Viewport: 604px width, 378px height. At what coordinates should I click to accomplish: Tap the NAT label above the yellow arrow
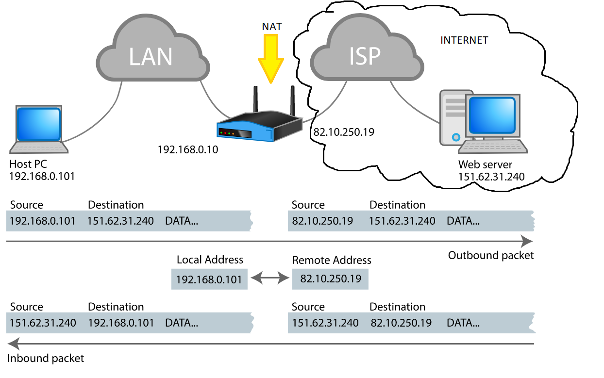coord(272,27)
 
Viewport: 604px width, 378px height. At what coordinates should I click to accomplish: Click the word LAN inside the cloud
coord(151,57)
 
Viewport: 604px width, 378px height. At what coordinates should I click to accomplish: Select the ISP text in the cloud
coord(365,56)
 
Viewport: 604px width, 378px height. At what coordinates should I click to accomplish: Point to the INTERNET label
coord(464,40)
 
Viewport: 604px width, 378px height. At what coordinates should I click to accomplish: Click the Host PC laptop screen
coord(38,124)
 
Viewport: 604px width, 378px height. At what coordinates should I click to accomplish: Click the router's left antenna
coord(255,99)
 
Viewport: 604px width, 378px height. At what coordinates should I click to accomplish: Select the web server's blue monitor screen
coord(492,115)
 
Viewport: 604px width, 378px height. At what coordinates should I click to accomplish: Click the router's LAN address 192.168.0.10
coord(188,150)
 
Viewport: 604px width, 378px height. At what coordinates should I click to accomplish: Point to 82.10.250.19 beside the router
coord(344,132)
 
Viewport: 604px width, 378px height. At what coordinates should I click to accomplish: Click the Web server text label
coord(485,164)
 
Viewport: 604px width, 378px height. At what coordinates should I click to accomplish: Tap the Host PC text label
coord(28,164)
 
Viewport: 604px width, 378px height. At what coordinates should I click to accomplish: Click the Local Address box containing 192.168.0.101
coord(209,279)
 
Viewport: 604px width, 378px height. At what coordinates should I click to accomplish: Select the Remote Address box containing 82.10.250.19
coord(330,279)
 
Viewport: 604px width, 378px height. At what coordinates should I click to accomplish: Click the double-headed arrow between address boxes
coord(270,278)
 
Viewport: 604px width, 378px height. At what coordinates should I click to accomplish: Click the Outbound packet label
coord(491,255)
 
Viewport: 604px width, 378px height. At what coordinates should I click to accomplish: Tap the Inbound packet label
coord(46,358)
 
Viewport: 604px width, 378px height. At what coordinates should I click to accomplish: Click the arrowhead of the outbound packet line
coord(527,241)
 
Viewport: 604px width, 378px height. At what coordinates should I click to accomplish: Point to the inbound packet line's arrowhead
coord(14,344)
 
